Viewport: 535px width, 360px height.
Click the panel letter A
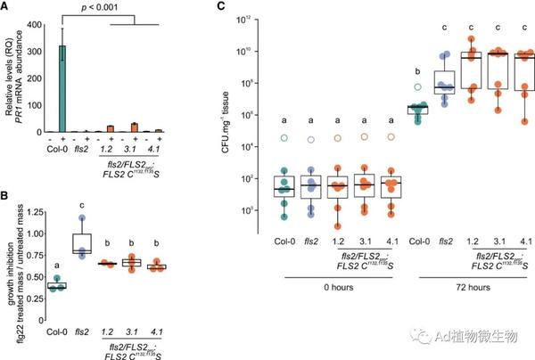coord(7,6)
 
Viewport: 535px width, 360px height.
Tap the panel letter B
coord(7,189)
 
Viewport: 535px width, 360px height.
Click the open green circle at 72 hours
coord(415,88)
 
